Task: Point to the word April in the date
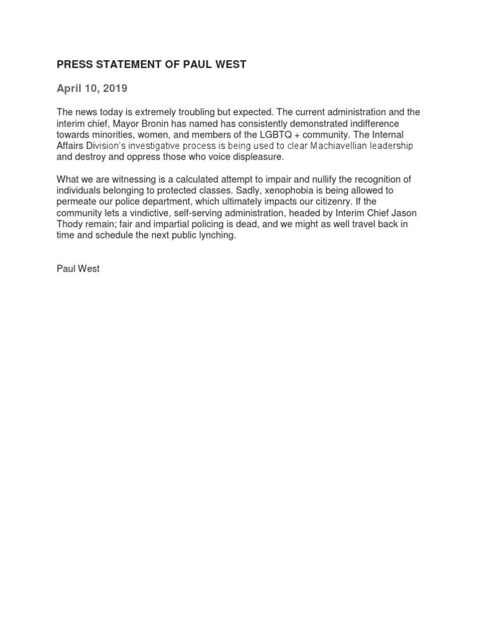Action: click(x=70, y=88)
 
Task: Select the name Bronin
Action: click(x=160, y=123)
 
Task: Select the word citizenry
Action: click(x=326, y=202)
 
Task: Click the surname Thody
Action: click(x=70, y=225)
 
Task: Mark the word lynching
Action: click(x=217, y=236)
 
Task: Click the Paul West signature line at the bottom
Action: click(x=78, y=269)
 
